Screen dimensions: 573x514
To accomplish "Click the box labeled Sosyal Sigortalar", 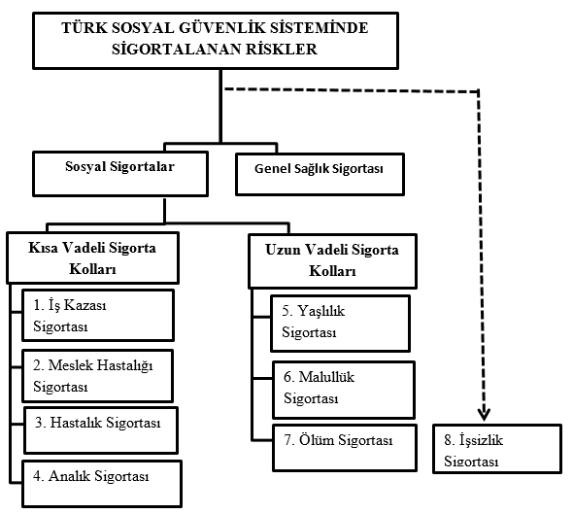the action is coord(120,174).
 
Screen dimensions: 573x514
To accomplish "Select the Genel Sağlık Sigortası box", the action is coord(320,174).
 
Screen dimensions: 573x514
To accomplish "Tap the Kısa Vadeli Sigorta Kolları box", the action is coord(93,257).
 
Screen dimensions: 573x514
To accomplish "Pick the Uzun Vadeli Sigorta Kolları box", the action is coord(332,261).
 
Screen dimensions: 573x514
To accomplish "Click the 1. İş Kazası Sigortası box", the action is coord(97,315).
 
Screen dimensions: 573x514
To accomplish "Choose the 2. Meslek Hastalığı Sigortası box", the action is coord(97,376).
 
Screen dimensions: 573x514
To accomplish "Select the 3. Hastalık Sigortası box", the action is coord(101,430).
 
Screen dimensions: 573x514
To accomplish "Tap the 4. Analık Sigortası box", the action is coord(102,484).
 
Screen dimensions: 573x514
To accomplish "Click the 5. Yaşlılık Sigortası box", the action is coord(340,324).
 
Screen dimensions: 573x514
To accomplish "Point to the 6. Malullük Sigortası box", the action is coord(344,390).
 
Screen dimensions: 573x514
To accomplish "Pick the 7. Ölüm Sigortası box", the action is coord(345,448).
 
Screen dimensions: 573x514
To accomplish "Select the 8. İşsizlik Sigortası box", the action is coord(497,449).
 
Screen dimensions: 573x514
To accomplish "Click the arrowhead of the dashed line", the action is coord(485,415).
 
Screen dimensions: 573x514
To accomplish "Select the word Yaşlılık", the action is coord(321,311).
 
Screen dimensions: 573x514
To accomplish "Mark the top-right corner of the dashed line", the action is coord(479,90).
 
